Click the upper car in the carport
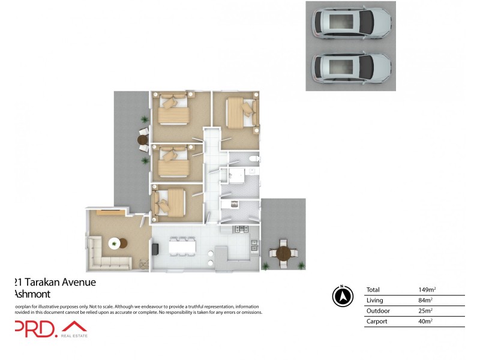pos(351,23)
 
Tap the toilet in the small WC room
pos(254,159)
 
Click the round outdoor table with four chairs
pos(283,253)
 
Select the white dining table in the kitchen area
pos(183,246)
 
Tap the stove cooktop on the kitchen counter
pos(241,229)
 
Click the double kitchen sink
pos(254,245)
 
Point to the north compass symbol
pos(342,296)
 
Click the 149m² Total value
pos(425,290)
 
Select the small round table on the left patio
pos(143,140)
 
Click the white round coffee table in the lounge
pos(113,243)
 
